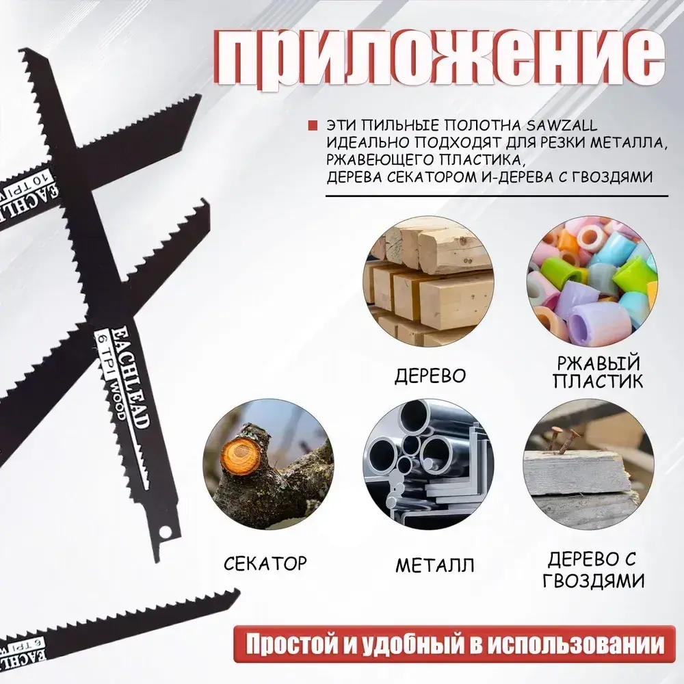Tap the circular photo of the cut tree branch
(267, 469)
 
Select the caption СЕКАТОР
(265, 564)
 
